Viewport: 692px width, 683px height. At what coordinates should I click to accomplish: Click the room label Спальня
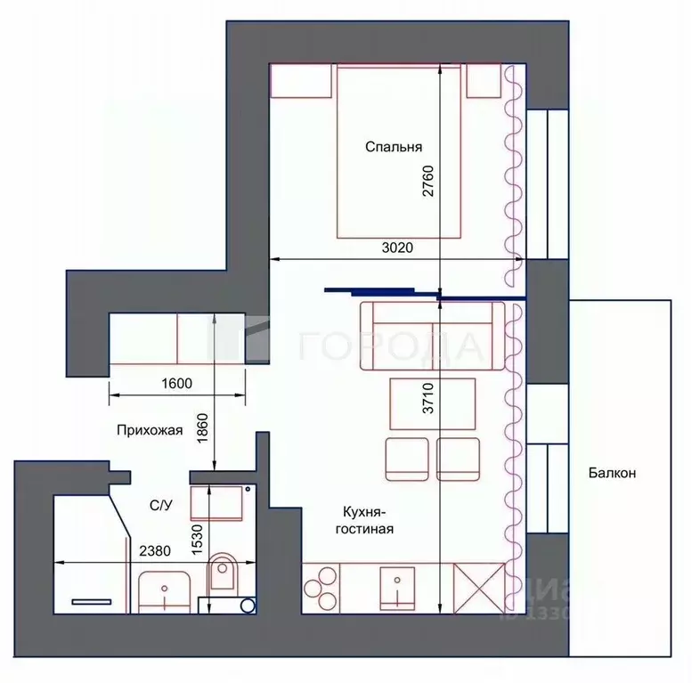click(x=393, y=148)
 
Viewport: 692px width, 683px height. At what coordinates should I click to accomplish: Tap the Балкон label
click(x=611, y=473)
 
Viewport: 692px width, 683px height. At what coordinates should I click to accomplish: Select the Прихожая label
click(x=149, y=431)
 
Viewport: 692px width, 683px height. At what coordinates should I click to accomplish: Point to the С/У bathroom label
click(x=160, y=505)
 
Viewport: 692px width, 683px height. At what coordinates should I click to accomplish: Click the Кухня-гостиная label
click(x=364, y=519)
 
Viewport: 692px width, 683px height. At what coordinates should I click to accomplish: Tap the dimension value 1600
click(x=176, y=384)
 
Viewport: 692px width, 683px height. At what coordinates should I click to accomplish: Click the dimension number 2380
click(x=156, y=551)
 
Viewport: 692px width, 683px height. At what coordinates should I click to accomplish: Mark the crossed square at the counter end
click(x=479, y=587)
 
